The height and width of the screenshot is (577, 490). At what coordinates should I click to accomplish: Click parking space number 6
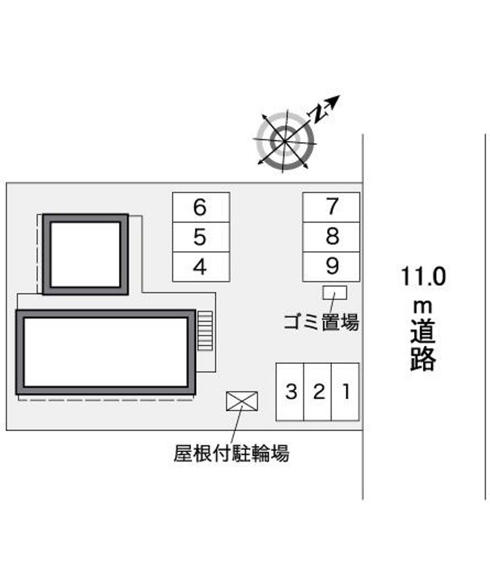[201, 207]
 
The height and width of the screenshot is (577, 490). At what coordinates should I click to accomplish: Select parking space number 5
[201, 237]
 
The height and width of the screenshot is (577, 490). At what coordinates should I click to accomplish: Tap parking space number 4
[201, 267]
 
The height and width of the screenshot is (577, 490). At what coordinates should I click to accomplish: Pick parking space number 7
[331, 207]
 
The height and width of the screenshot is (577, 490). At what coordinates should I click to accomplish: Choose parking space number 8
[331, 237]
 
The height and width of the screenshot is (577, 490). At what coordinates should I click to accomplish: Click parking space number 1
[345, 391]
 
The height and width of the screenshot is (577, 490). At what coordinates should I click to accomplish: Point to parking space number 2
[317, 391]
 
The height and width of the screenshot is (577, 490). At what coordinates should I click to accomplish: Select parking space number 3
[290, 391]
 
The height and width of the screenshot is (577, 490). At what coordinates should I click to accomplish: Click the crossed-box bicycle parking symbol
[242, 401]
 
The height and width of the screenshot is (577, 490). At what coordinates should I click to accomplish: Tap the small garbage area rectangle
[335, 293]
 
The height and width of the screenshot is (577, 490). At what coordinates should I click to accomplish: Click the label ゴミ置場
[321, 322]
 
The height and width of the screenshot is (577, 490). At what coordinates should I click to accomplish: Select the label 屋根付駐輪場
[232, 453]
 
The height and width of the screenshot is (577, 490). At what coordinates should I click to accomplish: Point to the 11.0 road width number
[423, 276]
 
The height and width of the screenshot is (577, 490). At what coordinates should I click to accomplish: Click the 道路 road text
[423, 345]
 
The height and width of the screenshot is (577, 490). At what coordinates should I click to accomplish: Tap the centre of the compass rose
[285, 141]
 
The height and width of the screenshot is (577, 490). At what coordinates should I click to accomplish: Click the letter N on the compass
[318, 112]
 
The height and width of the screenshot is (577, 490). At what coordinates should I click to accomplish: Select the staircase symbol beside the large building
[205, 330]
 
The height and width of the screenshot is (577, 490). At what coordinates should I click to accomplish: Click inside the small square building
[85, 254]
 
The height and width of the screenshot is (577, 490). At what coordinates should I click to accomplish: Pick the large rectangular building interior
[105, 352]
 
